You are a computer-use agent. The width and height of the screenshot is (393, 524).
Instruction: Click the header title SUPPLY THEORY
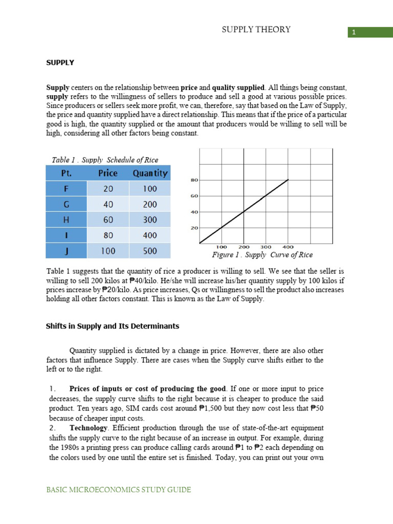256,30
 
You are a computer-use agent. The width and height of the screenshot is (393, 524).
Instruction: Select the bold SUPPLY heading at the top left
60,62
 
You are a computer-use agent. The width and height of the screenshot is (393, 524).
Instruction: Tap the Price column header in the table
108,173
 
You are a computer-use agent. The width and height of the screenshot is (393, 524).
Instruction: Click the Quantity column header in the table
150,173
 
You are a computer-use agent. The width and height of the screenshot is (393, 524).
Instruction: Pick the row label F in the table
66,189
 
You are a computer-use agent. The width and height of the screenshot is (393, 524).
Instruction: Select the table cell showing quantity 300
150,220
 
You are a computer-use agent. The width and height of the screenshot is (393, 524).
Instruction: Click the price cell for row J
108,251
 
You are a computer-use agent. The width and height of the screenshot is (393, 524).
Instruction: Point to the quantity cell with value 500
150,251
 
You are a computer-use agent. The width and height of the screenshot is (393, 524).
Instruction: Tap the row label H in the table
66,220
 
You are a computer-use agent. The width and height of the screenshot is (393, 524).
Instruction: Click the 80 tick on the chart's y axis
194,180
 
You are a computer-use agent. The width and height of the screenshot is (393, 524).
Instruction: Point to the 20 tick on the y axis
194,228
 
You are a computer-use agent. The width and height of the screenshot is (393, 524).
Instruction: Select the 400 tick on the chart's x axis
288,247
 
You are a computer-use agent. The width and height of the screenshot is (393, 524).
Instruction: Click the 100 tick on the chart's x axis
221,247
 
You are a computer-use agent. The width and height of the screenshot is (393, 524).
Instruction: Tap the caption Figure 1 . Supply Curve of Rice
263,255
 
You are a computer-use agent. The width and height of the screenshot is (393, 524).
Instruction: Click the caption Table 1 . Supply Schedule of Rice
105,160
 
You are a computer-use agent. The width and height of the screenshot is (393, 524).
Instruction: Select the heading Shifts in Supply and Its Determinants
113,326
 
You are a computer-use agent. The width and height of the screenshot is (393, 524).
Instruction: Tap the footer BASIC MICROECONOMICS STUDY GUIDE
119,490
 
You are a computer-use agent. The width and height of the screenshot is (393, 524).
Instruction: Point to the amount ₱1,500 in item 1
211,408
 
